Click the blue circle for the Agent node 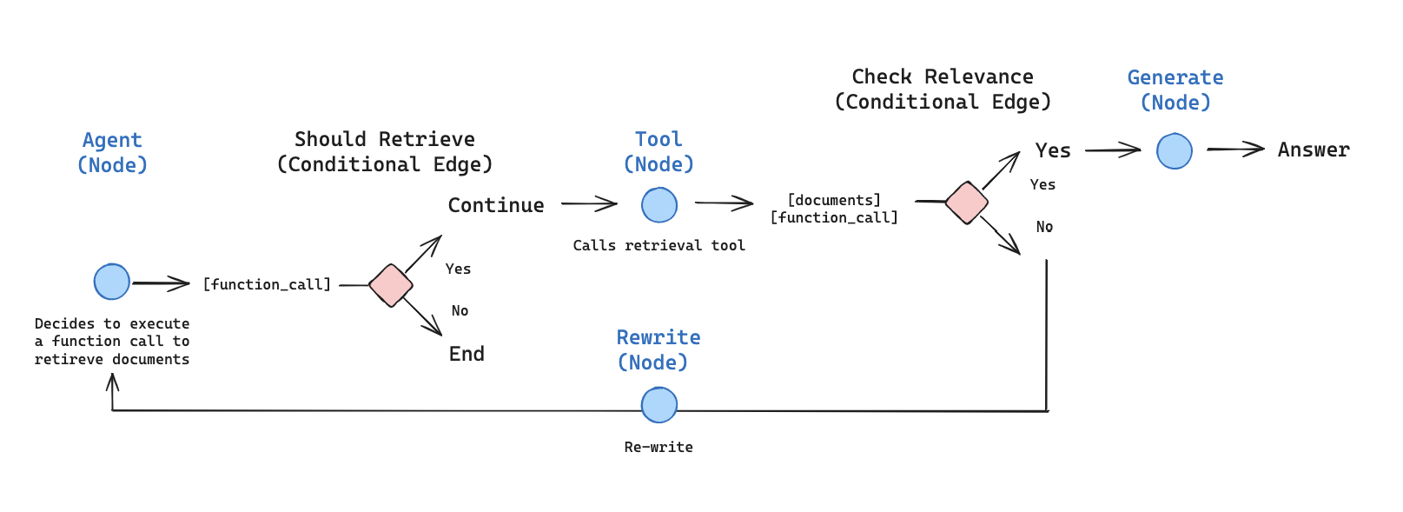(x=111, y=282)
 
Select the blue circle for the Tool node (x=658, y=205)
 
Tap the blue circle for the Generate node (x=1174, y=151)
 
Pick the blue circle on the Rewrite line (x=658, y=405)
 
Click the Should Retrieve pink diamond (x=390, y=285)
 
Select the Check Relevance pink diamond (x=966, y=203)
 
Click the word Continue (x=495, y=205)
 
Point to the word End (x=467, y=354)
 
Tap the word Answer (x=1313, y=150)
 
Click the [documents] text (x=834, y=200)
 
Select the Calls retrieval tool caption (x=658, y=245)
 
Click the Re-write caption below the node (x=658, y=447)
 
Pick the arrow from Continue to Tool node (x=589, y=204)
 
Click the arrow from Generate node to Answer (x=1234, y=150)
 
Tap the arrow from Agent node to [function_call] (x=161, y=283)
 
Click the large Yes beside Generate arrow (x=1052, y=150)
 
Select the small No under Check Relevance (x=1044, y=227)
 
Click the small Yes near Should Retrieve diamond (x=458, y=269)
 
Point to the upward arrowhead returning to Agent (x=112, y=382)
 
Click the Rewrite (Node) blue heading (x=658, y=349)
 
